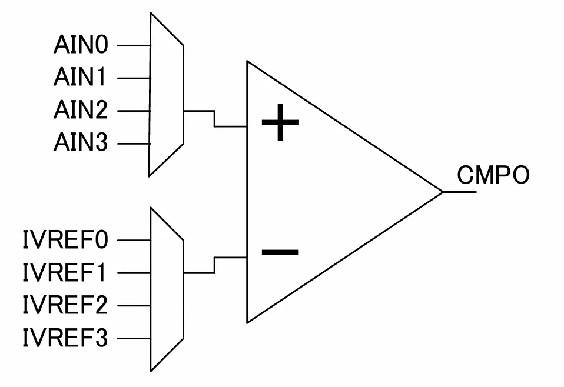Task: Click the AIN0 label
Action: (x=81, y=45)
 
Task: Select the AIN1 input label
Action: (x=80, y=77)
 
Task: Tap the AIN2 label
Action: (x=81, y=110)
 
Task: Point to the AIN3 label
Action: (x=81, y=142)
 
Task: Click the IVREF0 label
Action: (x=65, y=240)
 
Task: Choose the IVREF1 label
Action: (x=65, y=272)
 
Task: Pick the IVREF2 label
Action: (x=65, y=305)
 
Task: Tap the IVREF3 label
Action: (x=65, y=338)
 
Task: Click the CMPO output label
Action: (x=493, y=175)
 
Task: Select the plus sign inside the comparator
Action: (x=281, y=122)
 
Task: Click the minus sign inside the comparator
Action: (x=280, y=252)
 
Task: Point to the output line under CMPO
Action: (x=460, y=192)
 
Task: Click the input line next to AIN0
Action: (x=134, y=46)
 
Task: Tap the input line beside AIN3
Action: (x=134, y=144)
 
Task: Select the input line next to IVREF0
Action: (x=134, y=240)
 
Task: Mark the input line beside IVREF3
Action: (x=134, y=339)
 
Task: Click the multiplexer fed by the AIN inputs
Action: (x=167, y=94)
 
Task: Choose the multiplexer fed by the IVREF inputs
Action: (x=167, y=289)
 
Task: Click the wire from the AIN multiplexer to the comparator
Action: (x=215, y=119)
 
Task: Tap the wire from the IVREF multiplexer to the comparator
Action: (x=215, y=265)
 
